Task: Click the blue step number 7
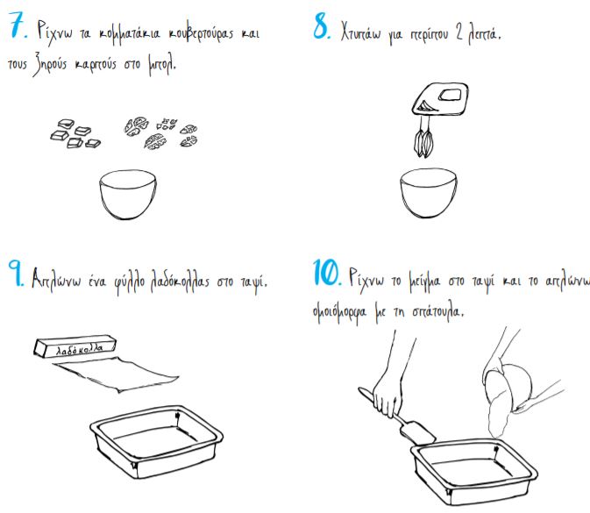tap(18, 25)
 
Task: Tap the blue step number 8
tap(322, 27)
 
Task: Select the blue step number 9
tap(16, 273)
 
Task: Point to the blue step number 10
tap(327, 272)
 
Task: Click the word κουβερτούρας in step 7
tap(201, 34)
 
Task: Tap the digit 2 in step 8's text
tap(458, 33)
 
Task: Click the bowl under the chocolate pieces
tap(128, 194)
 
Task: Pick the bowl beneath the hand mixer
tap(429, 193)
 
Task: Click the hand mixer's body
tap(440, 99)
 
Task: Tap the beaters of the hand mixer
tap(424, 141)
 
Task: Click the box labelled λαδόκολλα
tap(75, 346)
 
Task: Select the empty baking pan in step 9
tap(157, 441)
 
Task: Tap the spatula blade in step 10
tap(418, 433)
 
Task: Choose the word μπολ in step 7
tap(162, 66)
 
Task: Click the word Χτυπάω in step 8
tap(360, 32)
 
